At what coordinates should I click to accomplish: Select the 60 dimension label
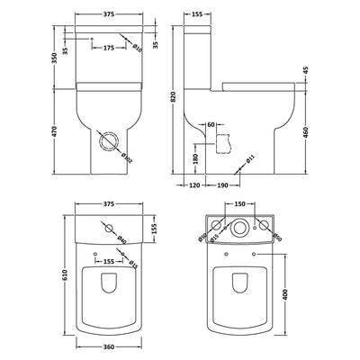(x=210, y=124)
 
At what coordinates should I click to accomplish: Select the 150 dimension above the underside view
(x=239, y=204)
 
